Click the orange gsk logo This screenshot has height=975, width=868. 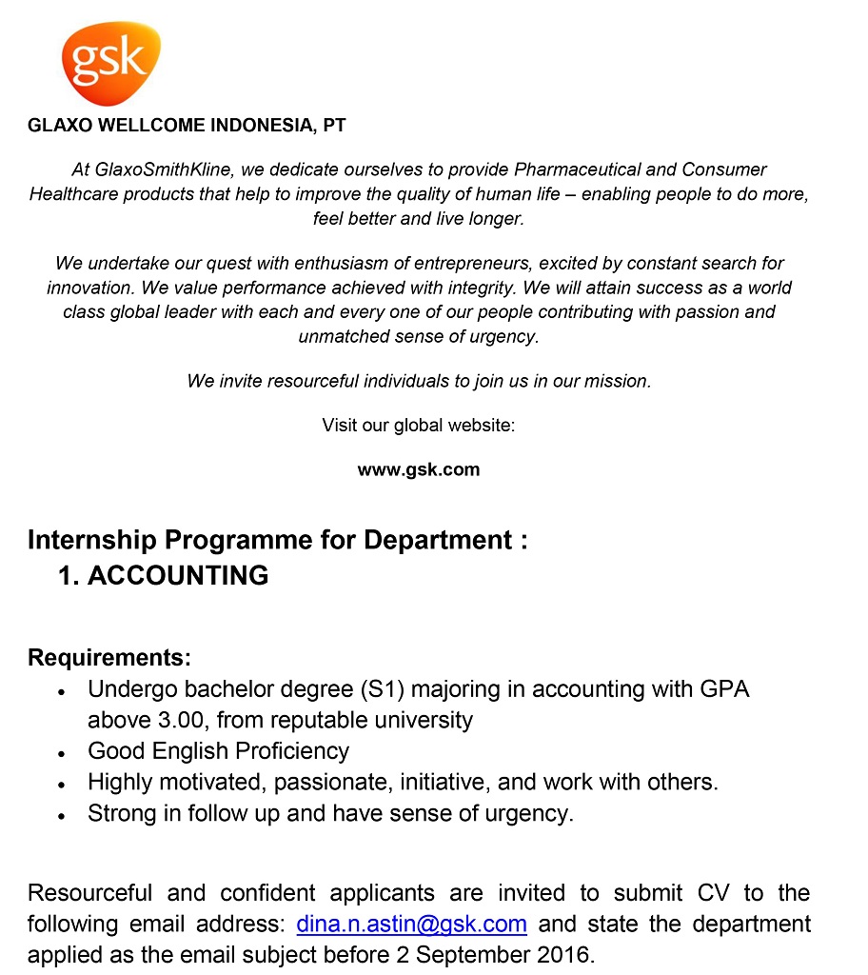pyautogui.click(x=110, y=63)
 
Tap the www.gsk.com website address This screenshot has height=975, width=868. pyautogui.click(x=418, y=469)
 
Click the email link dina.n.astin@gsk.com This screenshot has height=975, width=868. pyautogui.click(x=412, y=925)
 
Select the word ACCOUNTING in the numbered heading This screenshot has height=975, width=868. pyautogui.click(x=178, y=575)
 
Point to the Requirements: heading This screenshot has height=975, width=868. pyautogui.click(x=109, y=658)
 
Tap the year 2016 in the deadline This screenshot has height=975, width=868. pyautogui.click(x=567, y=955)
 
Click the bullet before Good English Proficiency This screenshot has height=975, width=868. pyautogui.click(x=61, y=753)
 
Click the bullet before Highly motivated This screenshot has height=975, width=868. pyautogui.click(x=61, y=785)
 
